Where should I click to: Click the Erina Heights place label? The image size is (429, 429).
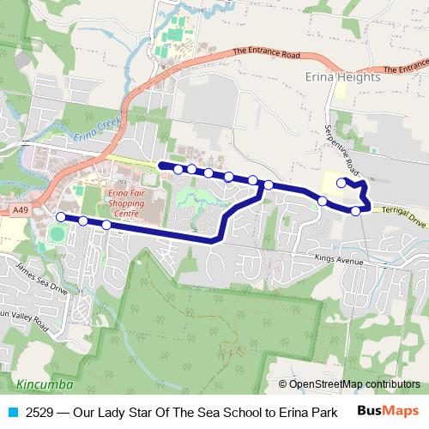(x=343, y=77)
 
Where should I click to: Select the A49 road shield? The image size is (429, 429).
(x=21, y=209)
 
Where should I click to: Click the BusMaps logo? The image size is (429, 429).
(x=388, y=411)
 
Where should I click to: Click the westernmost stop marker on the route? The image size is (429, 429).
(x=60, y=217)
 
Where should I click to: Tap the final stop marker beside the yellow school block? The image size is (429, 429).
(x=341, y=183)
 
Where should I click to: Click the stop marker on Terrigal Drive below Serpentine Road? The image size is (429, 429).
(x=356, y=210)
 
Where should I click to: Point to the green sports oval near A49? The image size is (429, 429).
(x=57, y=233)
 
